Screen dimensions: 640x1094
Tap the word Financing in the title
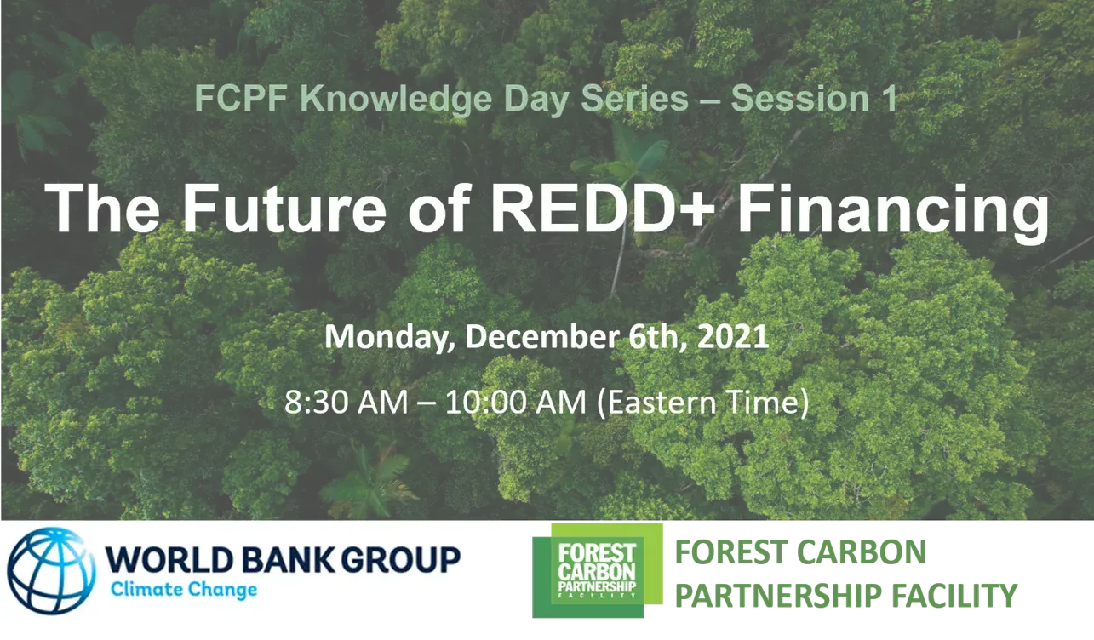point(892,211)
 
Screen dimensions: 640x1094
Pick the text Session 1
point(814,100)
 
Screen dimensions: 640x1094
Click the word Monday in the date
point(389,337)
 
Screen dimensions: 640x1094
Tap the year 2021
point(733,337)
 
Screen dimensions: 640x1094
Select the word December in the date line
point(542,337)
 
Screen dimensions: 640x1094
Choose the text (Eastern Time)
point(702,402)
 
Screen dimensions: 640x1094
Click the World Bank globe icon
point(50,569)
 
